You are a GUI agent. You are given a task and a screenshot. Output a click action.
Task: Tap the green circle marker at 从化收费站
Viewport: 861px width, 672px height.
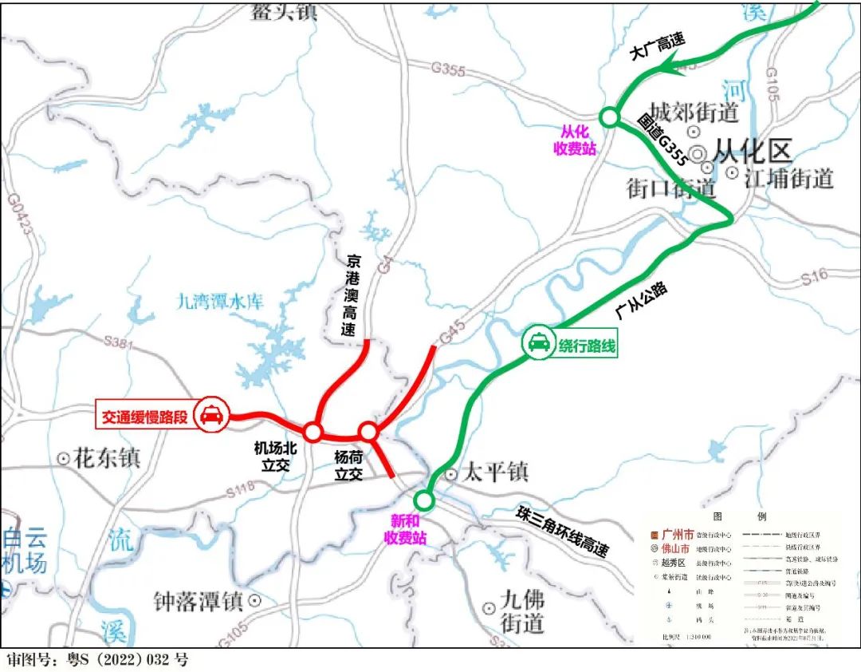(610, 117)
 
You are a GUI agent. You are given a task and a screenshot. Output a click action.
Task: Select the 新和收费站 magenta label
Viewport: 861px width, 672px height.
(408, 529)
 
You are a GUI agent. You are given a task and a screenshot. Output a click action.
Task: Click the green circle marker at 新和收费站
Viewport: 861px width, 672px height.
(424, 500)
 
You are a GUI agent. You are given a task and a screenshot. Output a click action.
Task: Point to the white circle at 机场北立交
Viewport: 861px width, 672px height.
(313, 433)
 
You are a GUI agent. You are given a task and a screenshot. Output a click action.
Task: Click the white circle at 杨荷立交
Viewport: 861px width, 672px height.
(368, 432)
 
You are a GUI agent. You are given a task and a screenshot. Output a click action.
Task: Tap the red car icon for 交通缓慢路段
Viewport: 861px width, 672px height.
(211, 415)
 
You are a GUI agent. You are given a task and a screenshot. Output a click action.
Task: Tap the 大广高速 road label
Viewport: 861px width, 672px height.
(657, 52)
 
